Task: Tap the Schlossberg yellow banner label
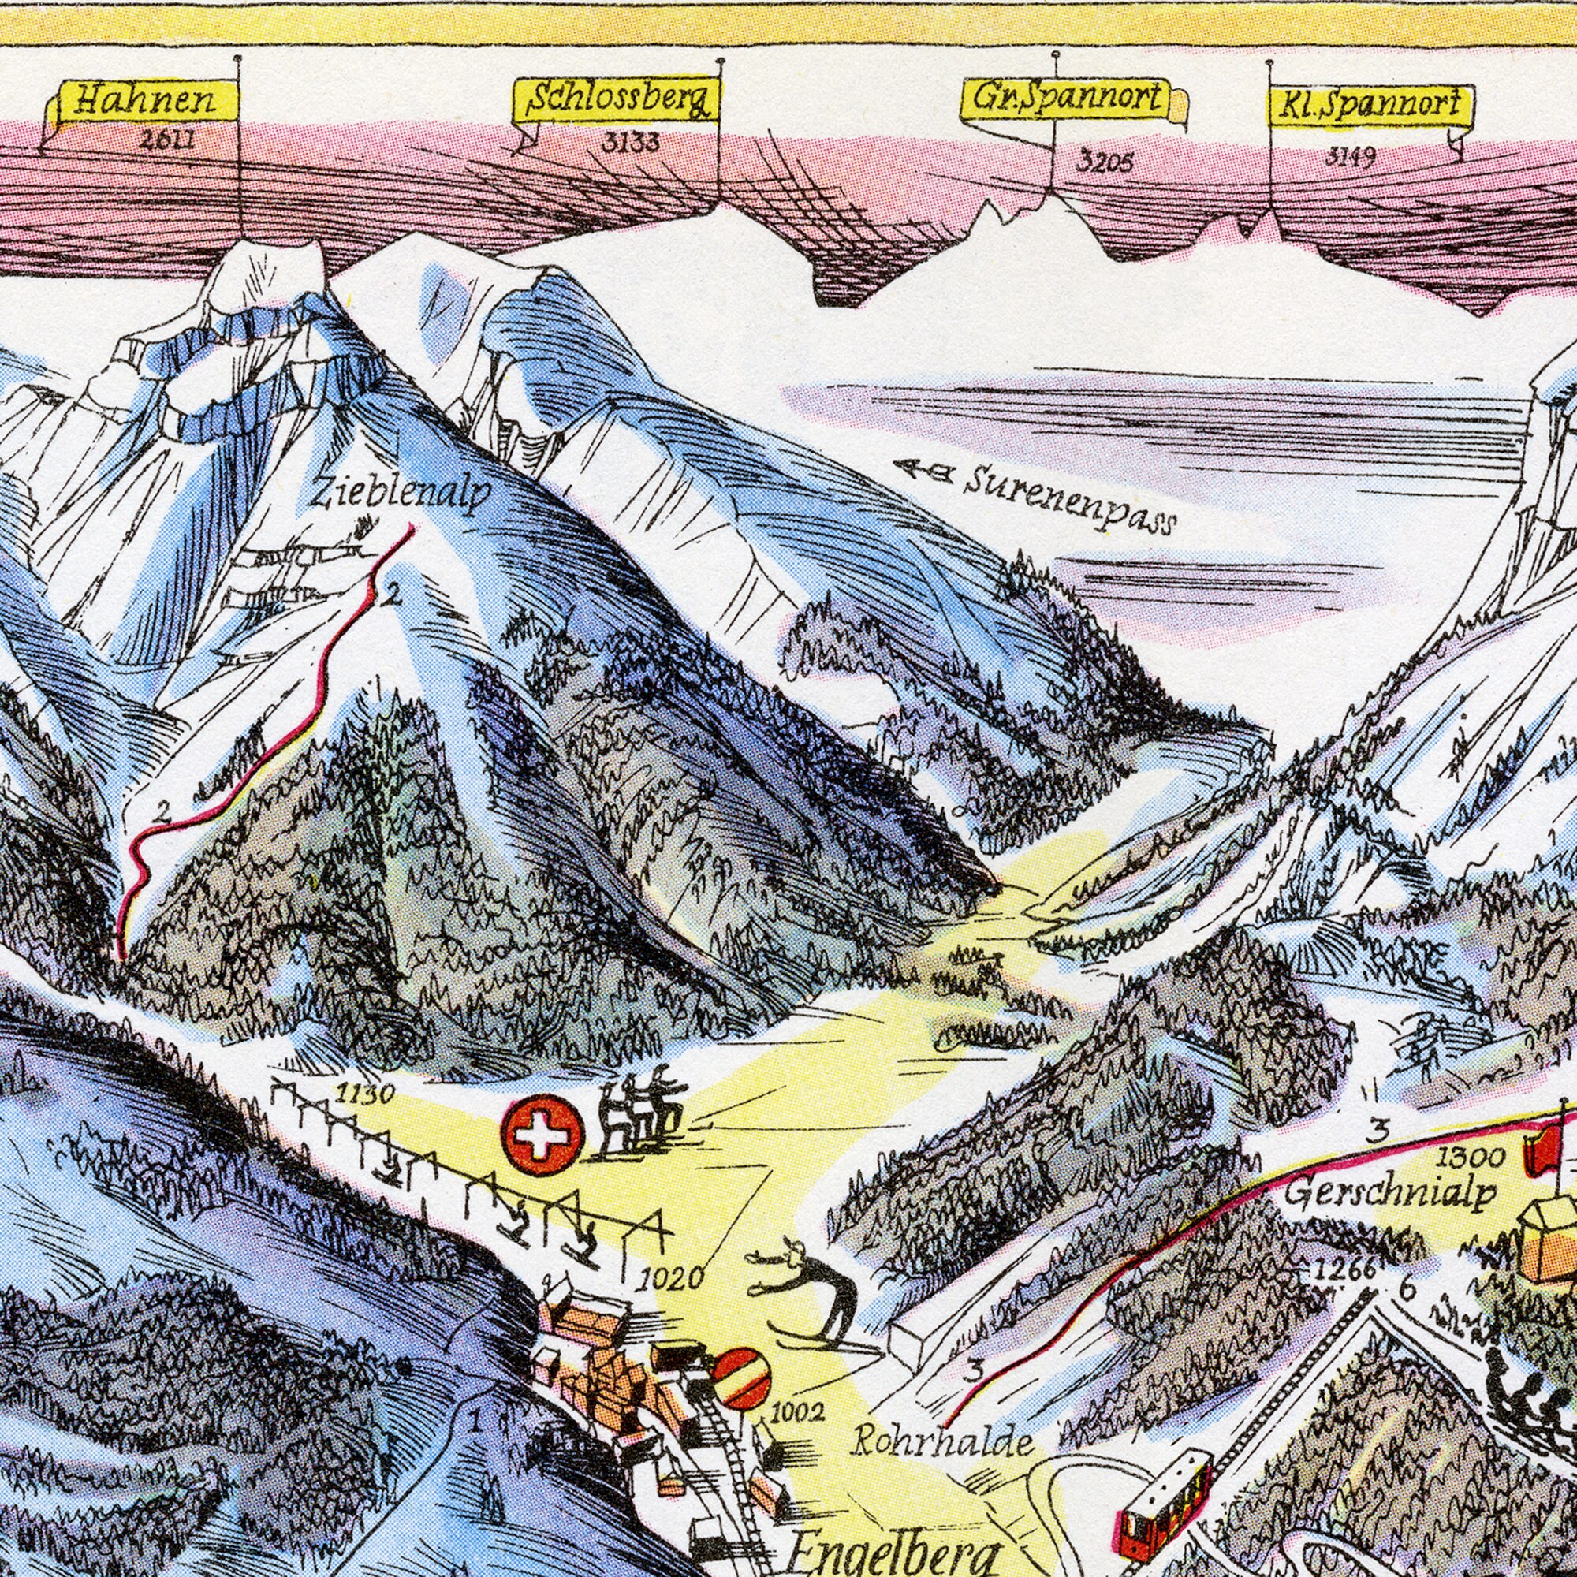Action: (x=617, y=101)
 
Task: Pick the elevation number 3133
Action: (x=630, y=144)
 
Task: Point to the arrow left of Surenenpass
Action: (x=923, y=468)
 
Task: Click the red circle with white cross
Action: (x=544, y=1135)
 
